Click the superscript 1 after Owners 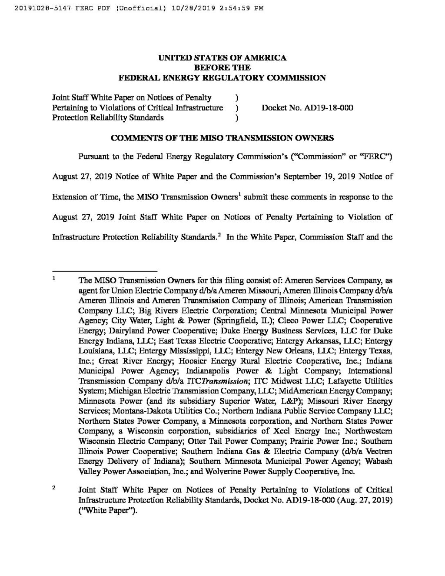[240, 193]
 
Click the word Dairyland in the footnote [126, 331]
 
